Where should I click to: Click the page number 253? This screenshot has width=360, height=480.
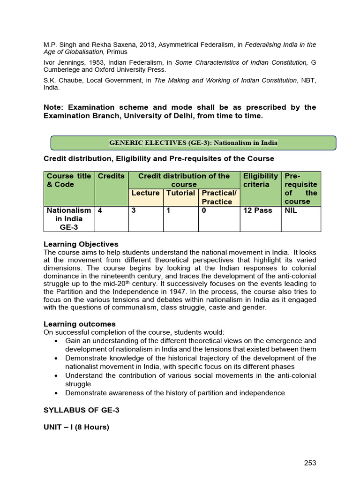(310, 463)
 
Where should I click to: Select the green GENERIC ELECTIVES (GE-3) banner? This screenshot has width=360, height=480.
(193, 143)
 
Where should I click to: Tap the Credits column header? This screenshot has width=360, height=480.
(111, 176)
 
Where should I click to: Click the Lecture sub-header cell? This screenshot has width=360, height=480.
(145, 193)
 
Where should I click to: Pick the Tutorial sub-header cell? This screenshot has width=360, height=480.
(180, 193)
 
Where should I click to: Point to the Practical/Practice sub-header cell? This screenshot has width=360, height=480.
(218, 197)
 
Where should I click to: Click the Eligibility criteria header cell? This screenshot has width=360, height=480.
(260, 180)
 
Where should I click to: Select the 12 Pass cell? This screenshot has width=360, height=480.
(258, 210)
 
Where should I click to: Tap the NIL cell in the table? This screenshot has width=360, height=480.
(291, 210)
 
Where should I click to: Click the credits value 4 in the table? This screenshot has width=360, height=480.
(100, 210)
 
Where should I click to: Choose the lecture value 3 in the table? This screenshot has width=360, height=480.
(134, 210)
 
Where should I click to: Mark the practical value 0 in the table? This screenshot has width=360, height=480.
(204, 210)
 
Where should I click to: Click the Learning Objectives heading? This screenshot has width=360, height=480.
(81, 244)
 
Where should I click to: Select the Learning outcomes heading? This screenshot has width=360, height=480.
(79, 324)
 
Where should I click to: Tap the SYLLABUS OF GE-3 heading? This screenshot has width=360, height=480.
(82, 410)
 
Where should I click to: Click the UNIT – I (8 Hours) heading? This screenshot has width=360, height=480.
(76, 427)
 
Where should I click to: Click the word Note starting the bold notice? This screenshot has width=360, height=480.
(53, 107)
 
